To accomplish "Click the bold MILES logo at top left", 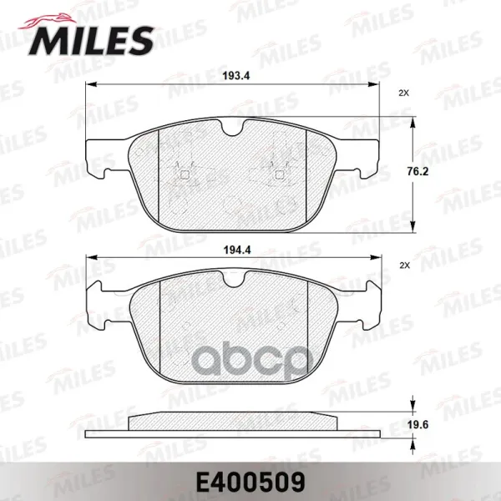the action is (x=91, y=40).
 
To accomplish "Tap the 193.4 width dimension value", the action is (x=236, y=76).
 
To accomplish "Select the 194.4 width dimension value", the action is (x=237, y=250).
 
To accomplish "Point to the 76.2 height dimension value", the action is (x=417, y=171).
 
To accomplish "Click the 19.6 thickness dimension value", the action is (x=417, y=425).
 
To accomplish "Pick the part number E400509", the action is (x=250, y=482).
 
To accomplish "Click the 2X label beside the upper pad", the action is (x=404, y=94).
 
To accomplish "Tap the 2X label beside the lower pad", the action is (x=404, y=266).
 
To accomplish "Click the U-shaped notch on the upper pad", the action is (x=233, y=129).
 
